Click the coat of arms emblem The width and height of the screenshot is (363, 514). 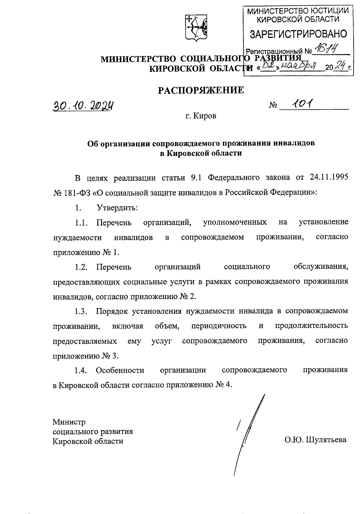click(196, 28)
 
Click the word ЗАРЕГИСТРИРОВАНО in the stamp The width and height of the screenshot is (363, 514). click(298, 34)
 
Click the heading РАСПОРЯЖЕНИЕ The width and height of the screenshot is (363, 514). click(201, 90)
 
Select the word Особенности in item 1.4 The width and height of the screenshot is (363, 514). click(120, 370)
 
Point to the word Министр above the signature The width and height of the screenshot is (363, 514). click(69, 422)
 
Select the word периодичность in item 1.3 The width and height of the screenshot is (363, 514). click(219, 326)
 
